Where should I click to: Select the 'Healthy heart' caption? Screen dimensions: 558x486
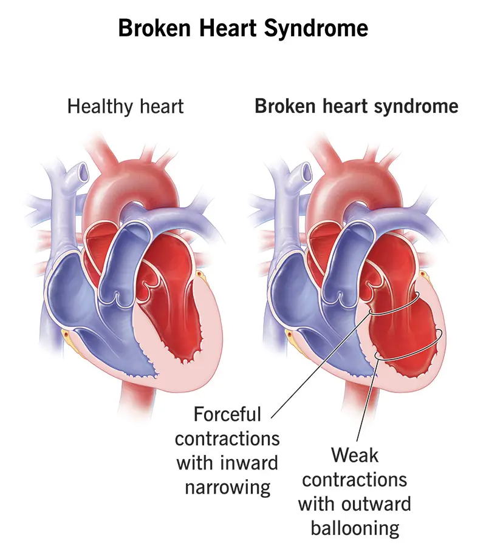(x=125, y=107)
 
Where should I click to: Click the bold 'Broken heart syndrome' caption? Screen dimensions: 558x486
(x=356, y=107)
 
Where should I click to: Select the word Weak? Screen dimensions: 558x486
(x=355, y=455)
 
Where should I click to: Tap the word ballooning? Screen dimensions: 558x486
(x=355, y=528)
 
